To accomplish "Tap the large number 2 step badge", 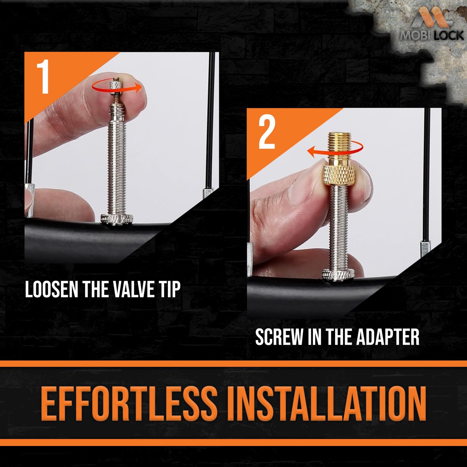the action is (x=267, y=132).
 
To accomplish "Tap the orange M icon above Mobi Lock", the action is (x=433, y=18).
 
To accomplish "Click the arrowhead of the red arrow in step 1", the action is (x=138, y=88).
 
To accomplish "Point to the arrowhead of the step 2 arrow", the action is (x=311, y=152).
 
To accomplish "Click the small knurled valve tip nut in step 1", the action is (x=116, y=86).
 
